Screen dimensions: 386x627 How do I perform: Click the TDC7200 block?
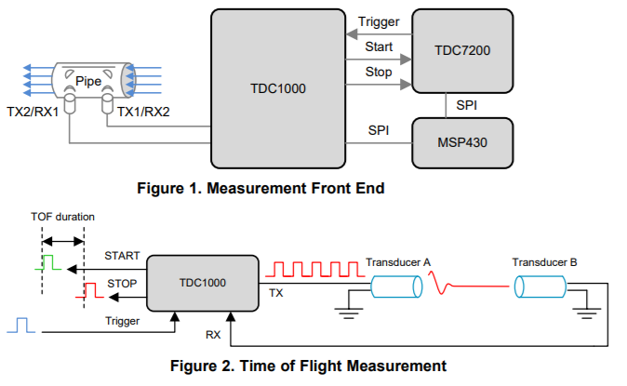pyautogui.click(x=462, y=50)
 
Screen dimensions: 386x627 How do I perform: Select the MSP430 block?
pyautogui.click(x=462, y=142)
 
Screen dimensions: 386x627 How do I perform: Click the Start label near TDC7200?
pyautogui.click(x=380, y=46)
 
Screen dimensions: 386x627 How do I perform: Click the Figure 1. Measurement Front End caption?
pyautogui.click(x=261, y=188)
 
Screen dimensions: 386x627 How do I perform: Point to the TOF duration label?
pyautogui.click(x=62, y=217)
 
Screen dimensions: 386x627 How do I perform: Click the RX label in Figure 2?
pyautogui.click(x=215, y=332)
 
